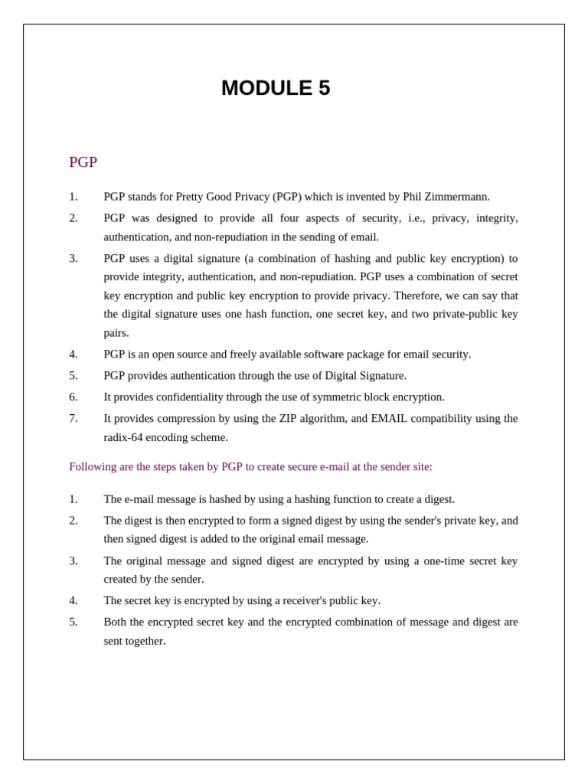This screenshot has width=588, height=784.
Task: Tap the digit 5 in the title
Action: click(x=324, y=88)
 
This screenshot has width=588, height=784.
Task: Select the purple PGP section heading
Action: click(x=83, y=162)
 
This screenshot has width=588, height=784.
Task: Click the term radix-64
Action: click(x=126, y=437)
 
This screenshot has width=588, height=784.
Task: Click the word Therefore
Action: click(x=419, y=296)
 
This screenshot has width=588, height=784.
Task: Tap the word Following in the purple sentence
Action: click(x=93, y=467)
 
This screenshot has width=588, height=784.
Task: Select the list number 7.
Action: click(x=73, y=419)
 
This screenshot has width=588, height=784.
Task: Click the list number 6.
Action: click(x=73, y=397)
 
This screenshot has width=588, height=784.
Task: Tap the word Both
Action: click(x=116, y=622)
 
